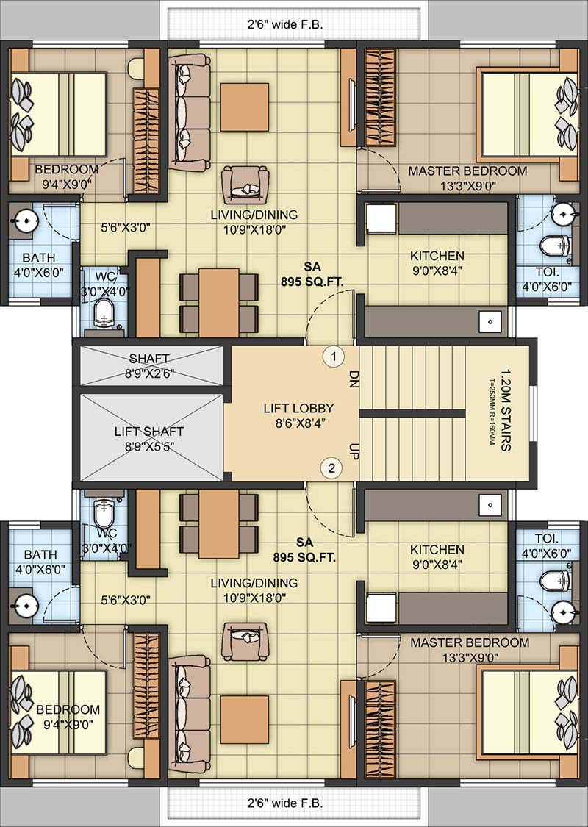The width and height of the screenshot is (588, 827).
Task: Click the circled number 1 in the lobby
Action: point(334,357)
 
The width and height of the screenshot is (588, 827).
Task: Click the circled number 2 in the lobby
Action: point(332,468)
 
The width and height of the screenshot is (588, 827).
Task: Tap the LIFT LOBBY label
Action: point(298,408)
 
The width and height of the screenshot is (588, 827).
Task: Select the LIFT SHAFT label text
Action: point(149,432)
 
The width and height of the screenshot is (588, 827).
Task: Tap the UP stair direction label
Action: point(352,449)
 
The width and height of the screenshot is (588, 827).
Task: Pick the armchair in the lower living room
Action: point(245,640)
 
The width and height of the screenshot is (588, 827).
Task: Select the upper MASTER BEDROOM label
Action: point(467,171)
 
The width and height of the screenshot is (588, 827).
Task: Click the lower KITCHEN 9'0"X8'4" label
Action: point(437,556)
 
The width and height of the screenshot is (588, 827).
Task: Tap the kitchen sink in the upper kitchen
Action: point(487,321)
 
